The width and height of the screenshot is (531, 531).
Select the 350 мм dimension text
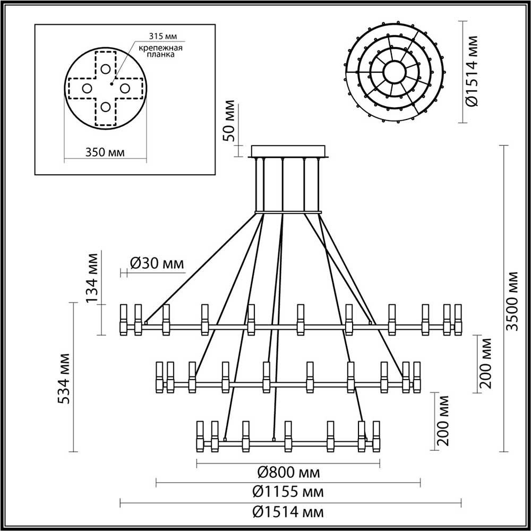click(105, 152)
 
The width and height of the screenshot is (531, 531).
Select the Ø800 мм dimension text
click(288, 472)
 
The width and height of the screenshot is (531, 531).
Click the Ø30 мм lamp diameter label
click(157, 263)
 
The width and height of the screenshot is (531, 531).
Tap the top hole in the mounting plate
click(105, 69)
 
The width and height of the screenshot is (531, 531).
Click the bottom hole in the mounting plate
click(105, 107)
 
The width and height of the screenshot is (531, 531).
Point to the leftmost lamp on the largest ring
click(124, 320)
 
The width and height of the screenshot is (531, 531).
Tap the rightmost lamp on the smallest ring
click(376, 436)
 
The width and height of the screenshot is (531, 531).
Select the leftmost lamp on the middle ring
click(159, 378)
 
